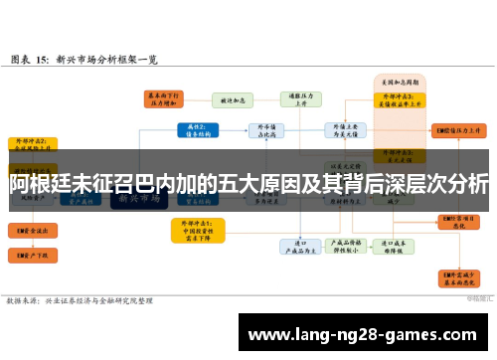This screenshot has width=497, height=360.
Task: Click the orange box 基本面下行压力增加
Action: (x=164, y=98)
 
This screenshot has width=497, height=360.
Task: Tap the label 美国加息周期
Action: (x=398, y=79)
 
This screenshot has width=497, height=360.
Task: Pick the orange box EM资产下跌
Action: (x=32, y=256)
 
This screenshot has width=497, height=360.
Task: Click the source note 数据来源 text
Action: (x=80, y=299)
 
